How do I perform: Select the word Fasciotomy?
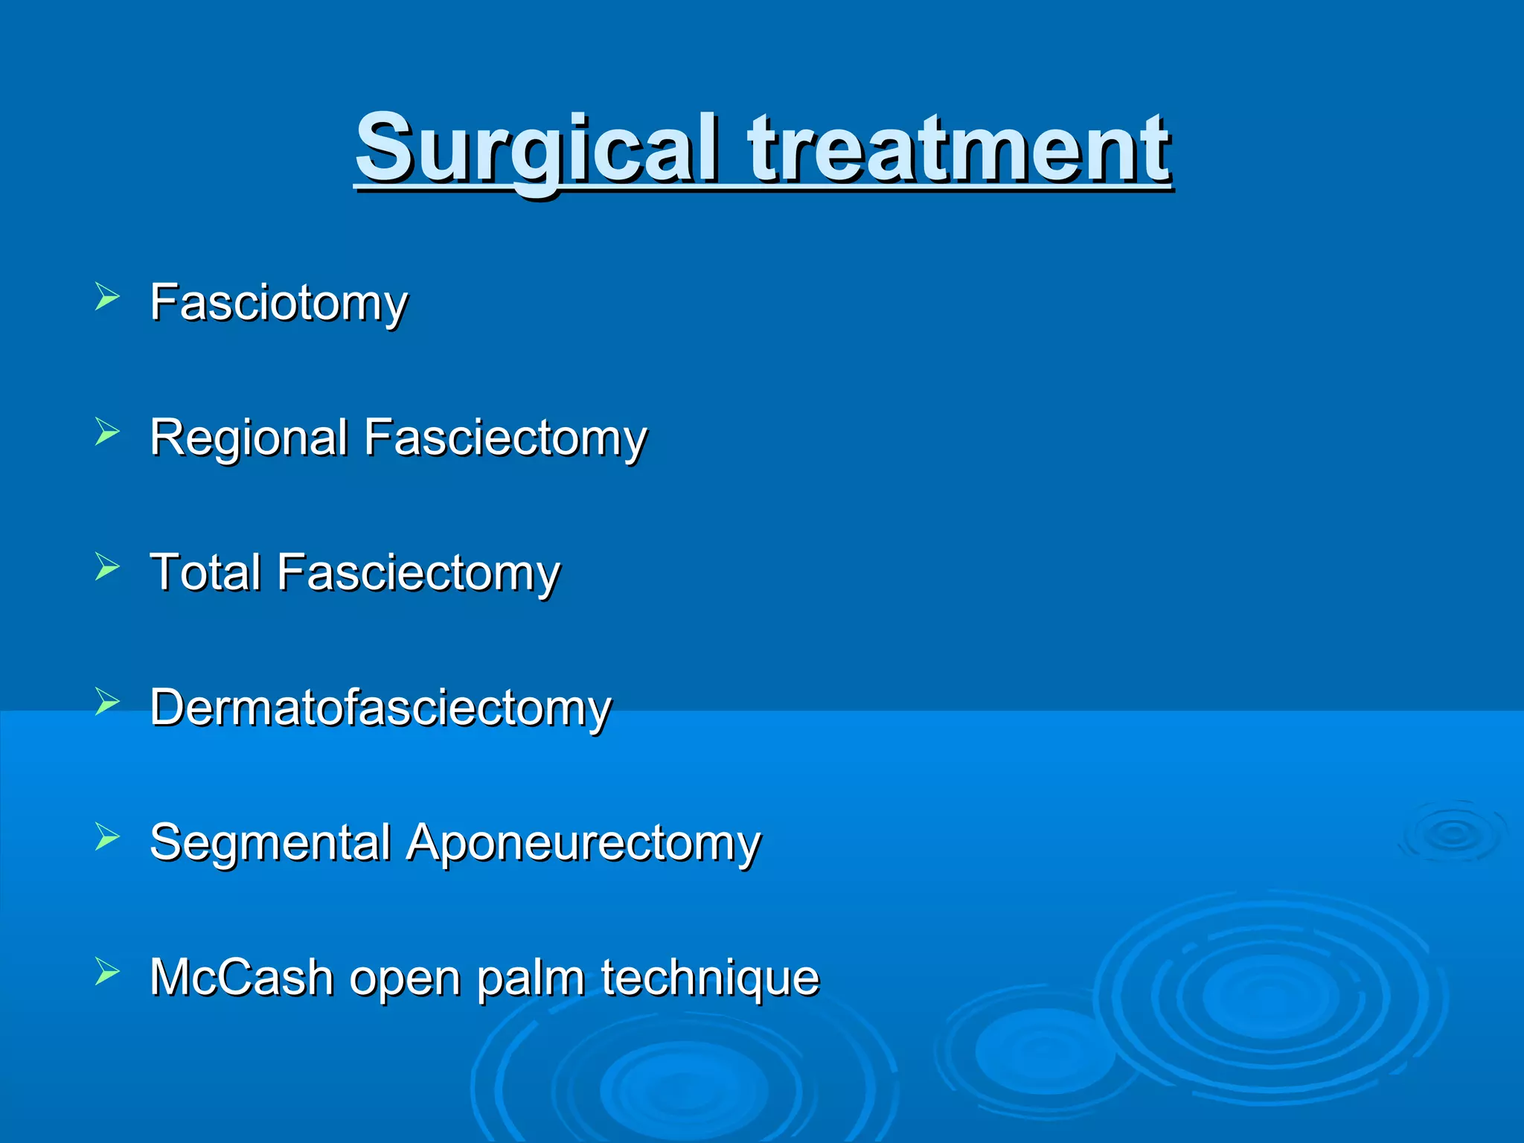click(x=279, y=303)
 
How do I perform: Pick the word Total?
click(x=205, y=572)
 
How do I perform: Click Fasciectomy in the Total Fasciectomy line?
click(x=419, y=572)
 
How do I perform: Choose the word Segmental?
click(x=270, y=842)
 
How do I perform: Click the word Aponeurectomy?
click(x=583, y=842)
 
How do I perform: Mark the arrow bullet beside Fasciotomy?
click(x=107, y=297)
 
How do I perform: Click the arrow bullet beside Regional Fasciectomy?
click(x=107, y=432)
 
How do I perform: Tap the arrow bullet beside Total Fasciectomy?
click(x=107, y=567)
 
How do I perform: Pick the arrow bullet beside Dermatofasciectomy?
click(x=107, y=702)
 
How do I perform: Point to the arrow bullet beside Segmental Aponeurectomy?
click(x=107, y=837)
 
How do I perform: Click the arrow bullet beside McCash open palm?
click(x=107, y=972)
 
